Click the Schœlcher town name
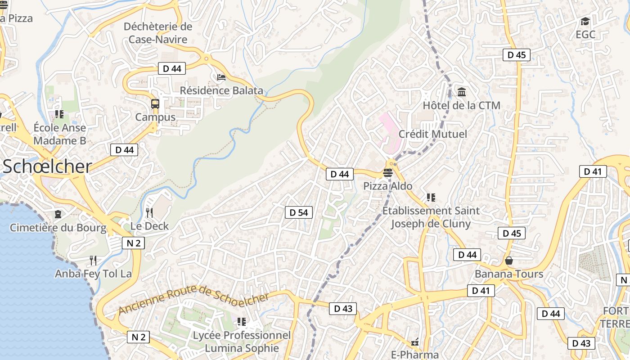click(47, 166)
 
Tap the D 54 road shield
click(299, 212)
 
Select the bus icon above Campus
click(155, 104)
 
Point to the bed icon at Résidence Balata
click(221, 77)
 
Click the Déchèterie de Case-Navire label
click(158, 33)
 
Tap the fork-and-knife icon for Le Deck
click(149, 212)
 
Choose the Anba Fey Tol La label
click(93, 274)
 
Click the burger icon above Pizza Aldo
click(388, 172)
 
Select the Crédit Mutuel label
click(433, 134)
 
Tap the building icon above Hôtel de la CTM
click(462, 92)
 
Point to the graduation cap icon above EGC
click(585, 22)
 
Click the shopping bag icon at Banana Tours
click(509, 261)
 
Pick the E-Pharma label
click(415, 355)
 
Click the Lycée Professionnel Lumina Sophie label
click(242, 342)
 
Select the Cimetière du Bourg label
click(58, 228)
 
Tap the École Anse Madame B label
click(59, 134)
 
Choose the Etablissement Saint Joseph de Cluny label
click(431, 217)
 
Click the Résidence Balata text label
click(221, 90)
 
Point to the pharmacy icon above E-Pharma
click(415, 342)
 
